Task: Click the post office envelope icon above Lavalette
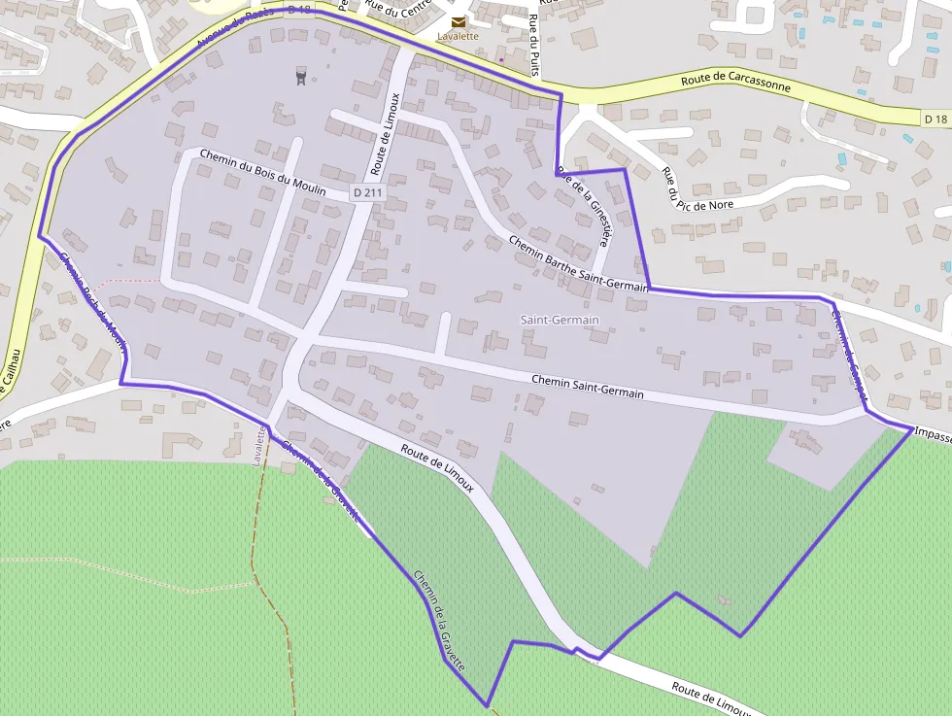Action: coord(458,21)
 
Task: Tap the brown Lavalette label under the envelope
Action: coord(458,37)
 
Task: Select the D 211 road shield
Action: coord(368,193)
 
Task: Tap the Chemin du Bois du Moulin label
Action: coord(262,172)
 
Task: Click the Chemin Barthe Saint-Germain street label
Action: coord(577,265)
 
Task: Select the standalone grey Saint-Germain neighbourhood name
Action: coord(560,320)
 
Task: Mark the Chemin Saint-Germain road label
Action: coord(588,386)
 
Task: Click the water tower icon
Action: coord(300,74)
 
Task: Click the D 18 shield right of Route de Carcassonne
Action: coord(935,119)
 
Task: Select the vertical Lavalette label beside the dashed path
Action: coord(259,445)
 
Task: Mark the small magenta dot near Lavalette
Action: coord(500,60)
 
